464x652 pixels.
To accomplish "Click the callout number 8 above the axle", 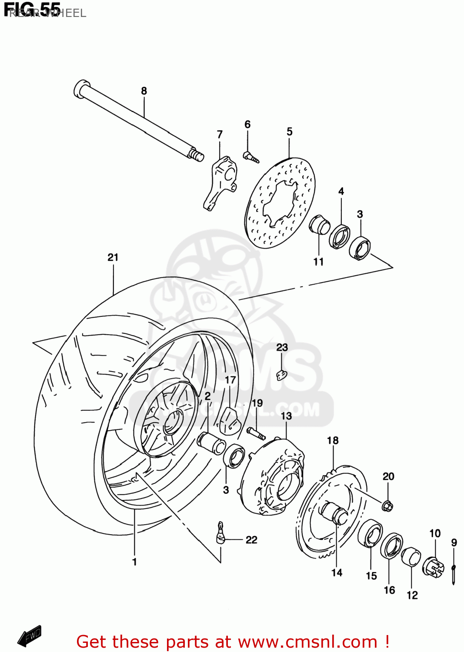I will [x=144, y=91].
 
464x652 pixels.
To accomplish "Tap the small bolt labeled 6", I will [x=251, y=157].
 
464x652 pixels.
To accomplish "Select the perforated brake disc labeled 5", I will [x=280, y=203].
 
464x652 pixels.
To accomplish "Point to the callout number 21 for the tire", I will [x=113, y=257].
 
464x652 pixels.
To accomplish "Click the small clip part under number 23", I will [x=282, y=374].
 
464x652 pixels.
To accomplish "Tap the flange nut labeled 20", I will [x=387, y=506].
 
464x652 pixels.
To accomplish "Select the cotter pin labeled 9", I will [x=453, y=571].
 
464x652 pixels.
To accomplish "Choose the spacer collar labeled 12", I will [x=411, y=558].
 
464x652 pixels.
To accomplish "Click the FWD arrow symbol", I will [x=30, y=636].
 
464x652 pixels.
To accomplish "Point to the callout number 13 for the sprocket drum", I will [x=286, y=416].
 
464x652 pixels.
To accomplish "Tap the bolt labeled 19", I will [x=256, y=433].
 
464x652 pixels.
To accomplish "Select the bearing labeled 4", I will [x=339, y=236].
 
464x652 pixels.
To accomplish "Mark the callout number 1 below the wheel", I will [x=134, y=562].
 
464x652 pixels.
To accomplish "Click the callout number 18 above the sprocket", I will [x=333, y=440].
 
